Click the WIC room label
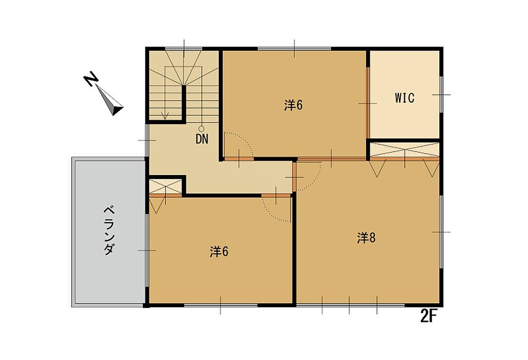click(404, 98)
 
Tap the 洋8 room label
click(366, 238)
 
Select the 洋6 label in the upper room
click(293, 105)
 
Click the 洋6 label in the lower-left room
click(219, 252)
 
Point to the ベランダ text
click(109, 231)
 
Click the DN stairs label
click(202, 139)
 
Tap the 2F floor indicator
click(428, 316)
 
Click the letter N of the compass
click(91, 79)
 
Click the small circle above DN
click(202, 128)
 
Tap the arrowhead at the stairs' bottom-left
click(165, 116)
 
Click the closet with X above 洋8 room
click(405, 150)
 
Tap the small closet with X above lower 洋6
click(166, 186)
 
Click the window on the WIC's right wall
click(441, 94)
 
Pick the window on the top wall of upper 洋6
click(294, 49)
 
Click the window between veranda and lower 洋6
click(147, 250)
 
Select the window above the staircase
click(184, 49)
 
